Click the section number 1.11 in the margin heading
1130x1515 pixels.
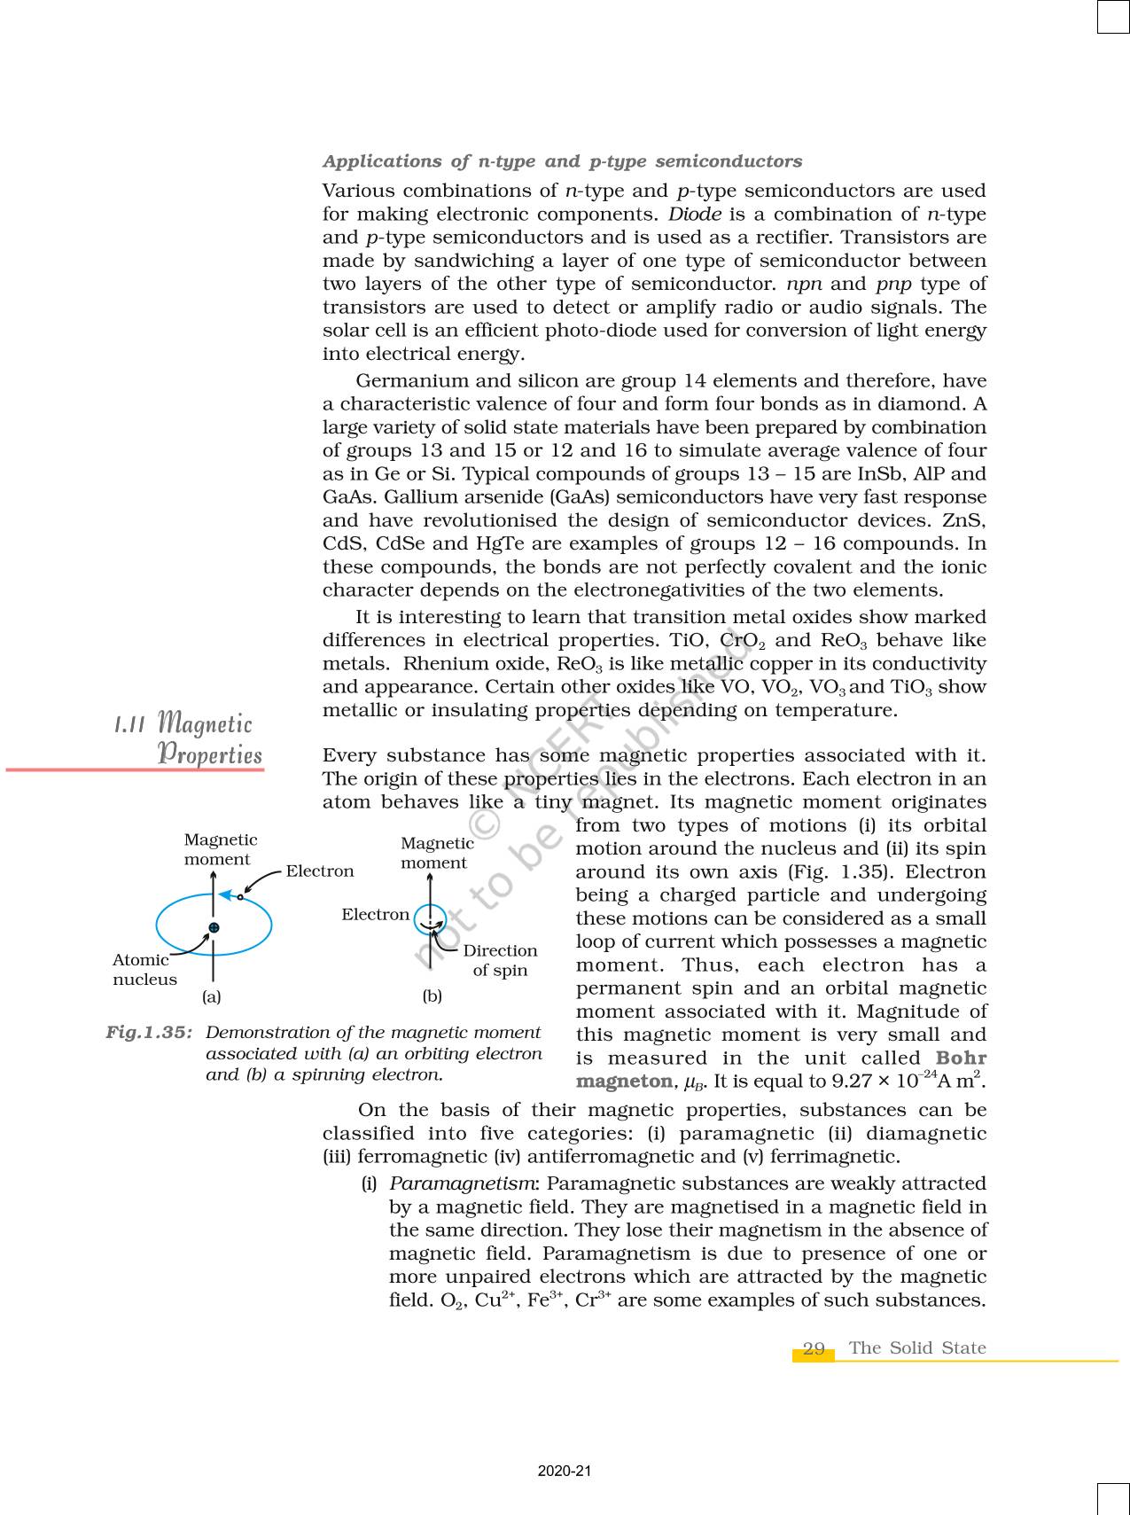click(x=129, y=724)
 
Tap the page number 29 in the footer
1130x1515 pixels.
click(x=814, y=1349)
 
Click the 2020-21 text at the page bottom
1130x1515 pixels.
click(x=565, y=1471)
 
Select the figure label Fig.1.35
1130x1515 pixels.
click(x=149, y=1033)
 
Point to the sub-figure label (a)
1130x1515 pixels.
click(x=211, y=996)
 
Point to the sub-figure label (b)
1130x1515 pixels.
click(x=432, y=996)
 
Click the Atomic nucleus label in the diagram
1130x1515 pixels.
click(x=144, y=969)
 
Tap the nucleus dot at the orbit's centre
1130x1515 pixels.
click(x=214, y=928)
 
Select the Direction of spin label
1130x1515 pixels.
click(x=500, y=960)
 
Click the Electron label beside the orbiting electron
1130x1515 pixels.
click(x=319, y=871)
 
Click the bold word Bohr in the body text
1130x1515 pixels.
click(x=961, y=1058)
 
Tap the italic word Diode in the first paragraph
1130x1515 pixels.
click(x=694, y=215)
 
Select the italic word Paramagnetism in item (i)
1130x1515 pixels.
click(x=462, y=1183)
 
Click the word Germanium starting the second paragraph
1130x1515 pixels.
click(x=412, y=381)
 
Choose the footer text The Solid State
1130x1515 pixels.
click(x=916, y=1348)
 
